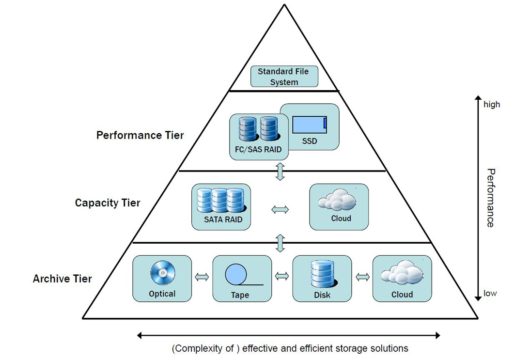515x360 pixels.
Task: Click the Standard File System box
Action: coord(284,77)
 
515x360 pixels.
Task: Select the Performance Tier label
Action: coord(140,135)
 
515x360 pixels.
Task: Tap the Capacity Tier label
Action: coord(107,203)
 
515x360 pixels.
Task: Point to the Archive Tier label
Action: coord(62,279)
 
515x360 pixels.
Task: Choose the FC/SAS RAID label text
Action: coord(258,150)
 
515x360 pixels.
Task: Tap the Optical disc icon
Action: coord(161,274)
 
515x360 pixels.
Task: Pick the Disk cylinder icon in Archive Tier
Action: coord(322,274)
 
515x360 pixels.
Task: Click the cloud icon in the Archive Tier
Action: coord(402,274)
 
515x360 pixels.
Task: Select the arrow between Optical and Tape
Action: coord(202,277)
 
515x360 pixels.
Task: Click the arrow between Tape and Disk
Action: coord(281,276)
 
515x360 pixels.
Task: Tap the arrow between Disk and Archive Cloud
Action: coord(362,277)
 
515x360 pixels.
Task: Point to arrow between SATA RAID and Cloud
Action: coord(280,209)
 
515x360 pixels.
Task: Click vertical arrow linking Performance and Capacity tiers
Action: coord(280,172)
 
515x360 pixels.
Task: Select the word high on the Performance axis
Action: coord(491,104)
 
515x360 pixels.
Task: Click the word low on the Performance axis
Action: coord(490,293)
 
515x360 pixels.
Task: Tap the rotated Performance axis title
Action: coord(490,198)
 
